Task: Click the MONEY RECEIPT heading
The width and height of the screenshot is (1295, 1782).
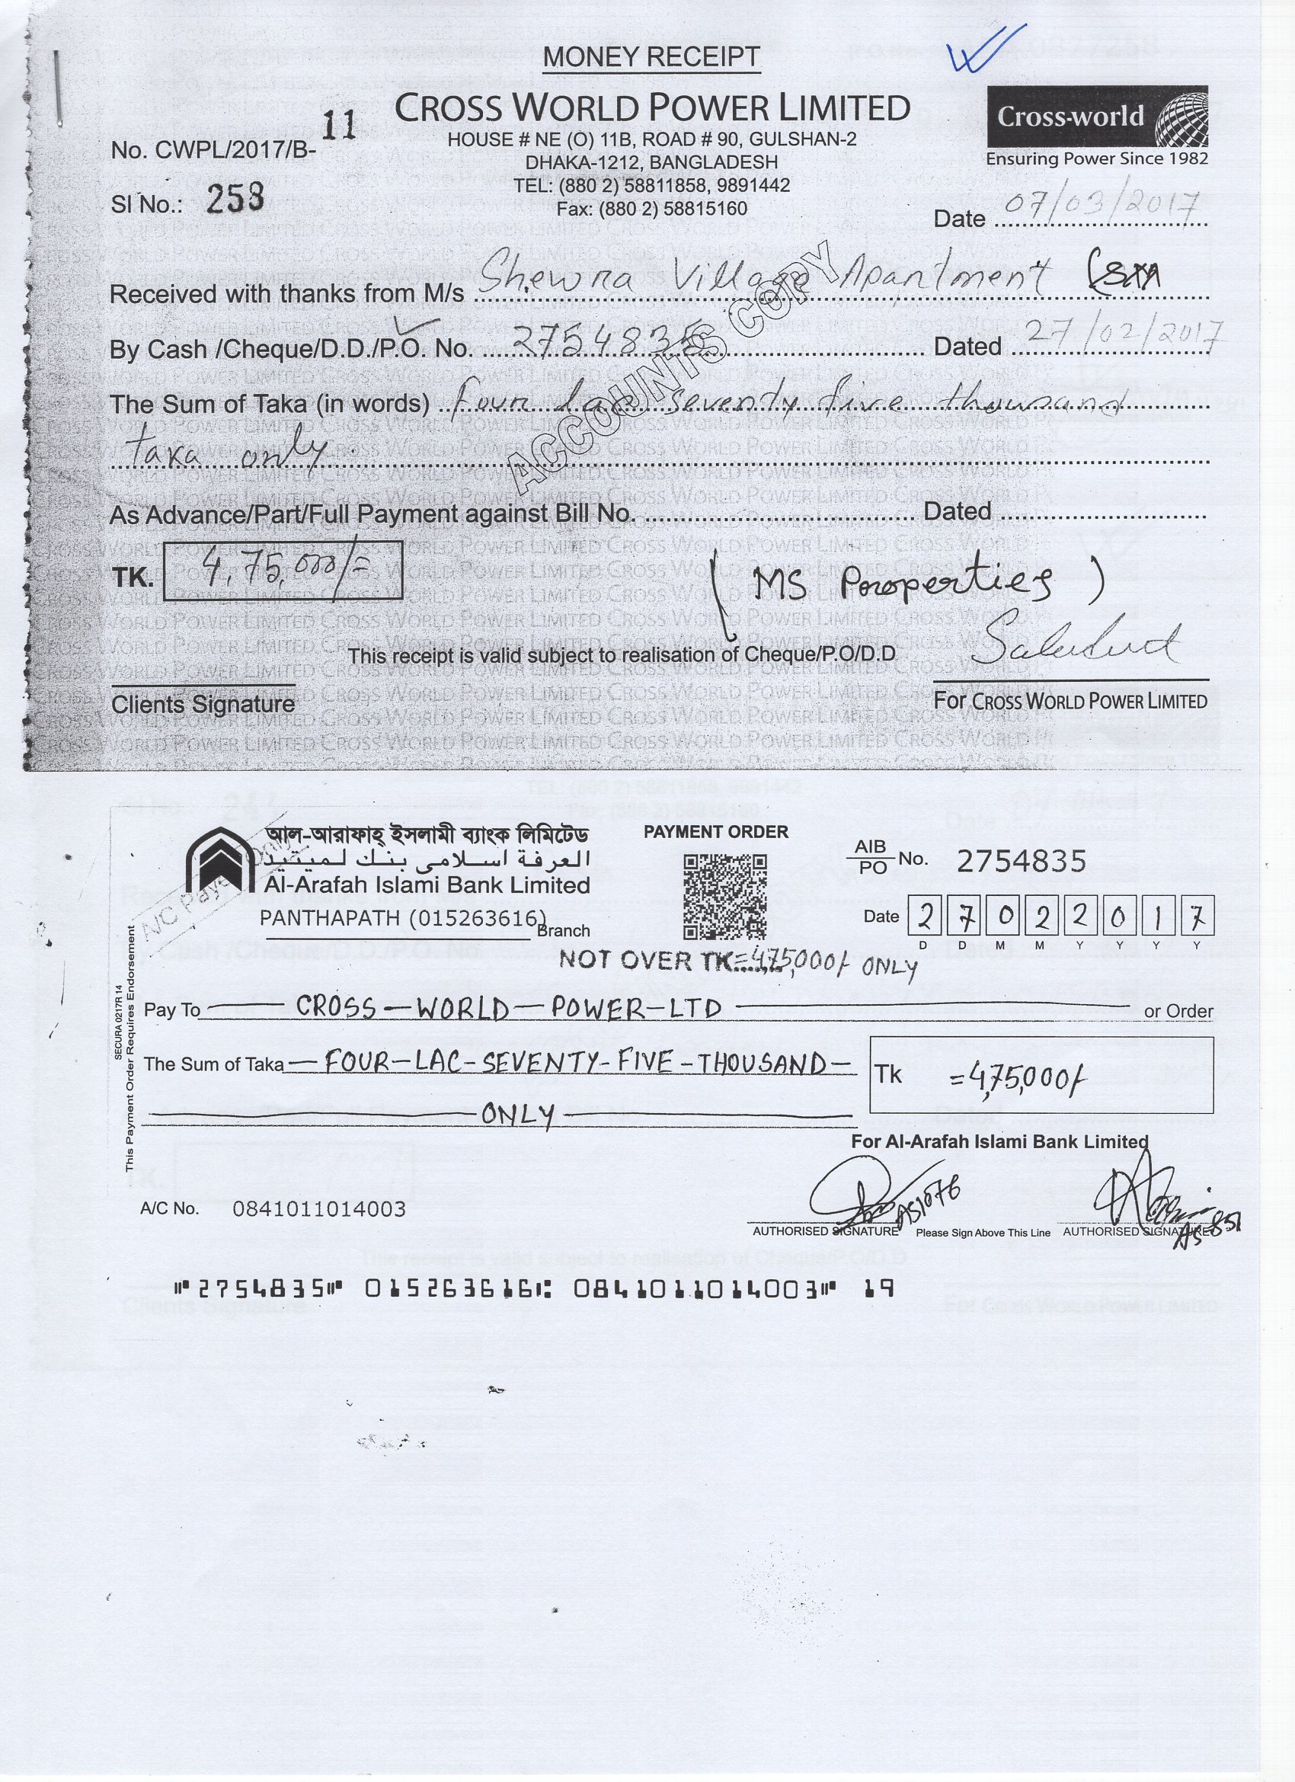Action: [x=651, y=56]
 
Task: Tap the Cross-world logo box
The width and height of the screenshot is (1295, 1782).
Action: [x=1097, y=117]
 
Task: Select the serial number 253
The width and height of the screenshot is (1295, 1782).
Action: [x=234, y=199]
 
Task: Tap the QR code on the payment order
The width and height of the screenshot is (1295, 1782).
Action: [x=724, y=897]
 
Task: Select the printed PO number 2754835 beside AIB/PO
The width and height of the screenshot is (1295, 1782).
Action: [x=1021, y=862]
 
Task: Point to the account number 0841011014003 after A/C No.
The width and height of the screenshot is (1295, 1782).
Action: [x=319, y=1209]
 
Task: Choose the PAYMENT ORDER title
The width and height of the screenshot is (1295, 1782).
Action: [x=715, y=832]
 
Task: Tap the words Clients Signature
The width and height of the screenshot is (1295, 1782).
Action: [x=203, y=704]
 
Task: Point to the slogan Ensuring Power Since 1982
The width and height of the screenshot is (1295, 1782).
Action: [x=1097, y=158]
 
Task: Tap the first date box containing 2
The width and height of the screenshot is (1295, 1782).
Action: [x=927, y=917]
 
